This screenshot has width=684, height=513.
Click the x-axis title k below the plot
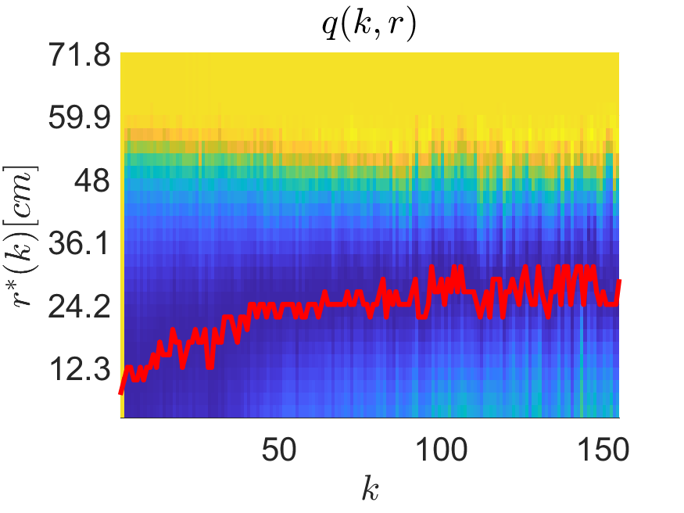370,490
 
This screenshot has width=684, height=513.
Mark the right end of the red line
619,282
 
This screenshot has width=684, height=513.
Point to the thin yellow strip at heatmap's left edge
123,235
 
